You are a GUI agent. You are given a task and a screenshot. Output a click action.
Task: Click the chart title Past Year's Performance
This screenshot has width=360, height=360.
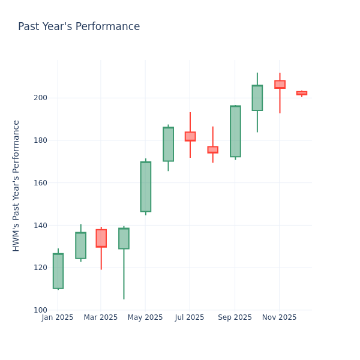[x=79, y=27]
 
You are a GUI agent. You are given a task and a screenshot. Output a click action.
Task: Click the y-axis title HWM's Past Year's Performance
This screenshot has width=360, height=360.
[x=16, y=185]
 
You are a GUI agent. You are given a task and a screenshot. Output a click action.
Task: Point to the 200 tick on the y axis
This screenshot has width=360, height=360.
[x=40, y=98]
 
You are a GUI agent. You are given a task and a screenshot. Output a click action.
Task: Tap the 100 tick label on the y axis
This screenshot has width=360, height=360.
[x=40, y=310]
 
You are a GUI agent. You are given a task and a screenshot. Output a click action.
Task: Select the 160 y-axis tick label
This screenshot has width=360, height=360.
[x=40, y=183]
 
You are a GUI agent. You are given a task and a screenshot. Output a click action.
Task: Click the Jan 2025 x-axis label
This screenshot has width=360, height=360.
[x=58, y=317]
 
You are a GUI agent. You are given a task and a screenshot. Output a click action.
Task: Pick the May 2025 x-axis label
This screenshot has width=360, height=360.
[x=145, y=317]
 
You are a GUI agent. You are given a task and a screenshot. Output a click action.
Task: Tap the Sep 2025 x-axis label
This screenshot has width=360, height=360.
[x=235, y=317]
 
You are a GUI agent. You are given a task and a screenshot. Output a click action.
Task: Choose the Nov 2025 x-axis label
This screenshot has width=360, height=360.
[x=279, y=317]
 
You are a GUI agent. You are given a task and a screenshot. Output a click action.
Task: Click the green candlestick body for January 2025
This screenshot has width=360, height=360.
[x=58, y=271]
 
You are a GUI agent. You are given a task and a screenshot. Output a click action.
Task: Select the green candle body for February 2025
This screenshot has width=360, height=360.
[x=80, y=245]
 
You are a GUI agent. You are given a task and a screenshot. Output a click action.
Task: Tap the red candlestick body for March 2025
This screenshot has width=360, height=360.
[x=101, y=238]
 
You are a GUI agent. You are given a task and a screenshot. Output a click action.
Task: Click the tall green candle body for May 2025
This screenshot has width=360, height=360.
[x=145, y=187]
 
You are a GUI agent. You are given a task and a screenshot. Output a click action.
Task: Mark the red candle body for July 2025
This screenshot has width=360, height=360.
[x=190, y=136]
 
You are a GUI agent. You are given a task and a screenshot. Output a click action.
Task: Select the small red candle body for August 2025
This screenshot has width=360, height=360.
[x=212, y=149]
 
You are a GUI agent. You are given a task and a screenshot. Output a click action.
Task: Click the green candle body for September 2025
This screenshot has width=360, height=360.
[x=235, y=131]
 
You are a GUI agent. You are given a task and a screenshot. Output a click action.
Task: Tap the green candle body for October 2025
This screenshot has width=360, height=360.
[x=257, y=98]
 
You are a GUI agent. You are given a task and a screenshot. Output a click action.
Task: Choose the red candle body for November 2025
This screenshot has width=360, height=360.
[x=280, y=85]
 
